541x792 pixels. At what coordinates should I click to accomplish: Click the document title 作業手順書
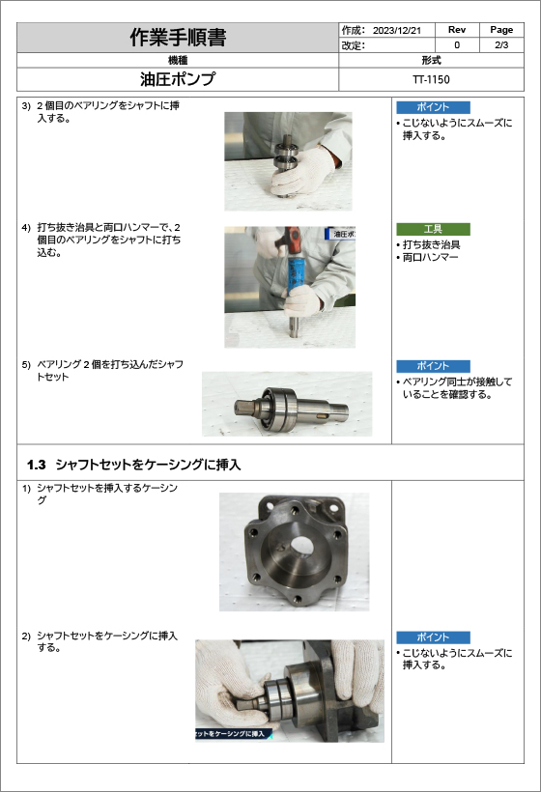pos(178,38)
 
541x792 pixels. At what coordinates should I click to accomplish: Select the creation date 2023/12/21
pos(396,30)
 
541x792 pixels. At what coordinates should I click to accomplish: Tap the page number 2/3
pos(501,45)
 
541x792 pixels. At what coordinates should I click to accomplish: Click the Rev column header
pos(457,30)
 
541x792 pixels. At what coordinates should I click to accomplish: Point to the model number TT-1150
pos(431,79)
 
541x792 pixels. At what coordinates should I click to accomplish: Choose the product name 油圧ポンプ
pos(178,79)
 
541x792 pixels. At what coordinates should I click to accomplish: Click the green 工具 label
pos(433,229)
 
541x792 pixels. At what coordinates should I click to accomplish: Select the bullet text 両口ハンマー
pos(430,257)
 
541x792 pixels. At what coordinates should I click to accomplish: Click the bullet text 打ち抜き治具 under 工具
pos(432,244)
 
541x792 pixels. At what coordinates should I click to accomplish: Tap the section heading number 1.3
pos(37,465)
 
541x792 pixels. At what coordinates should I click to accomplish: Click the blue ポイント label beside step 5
pos(433,366)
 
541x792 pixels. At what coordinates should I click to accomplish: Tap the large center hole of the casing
pos(302,546)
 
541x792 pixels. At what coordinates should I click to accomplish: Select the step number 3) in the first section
pos(26,105)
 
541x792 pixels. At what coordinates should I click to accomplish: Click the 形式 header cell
pos(432,60)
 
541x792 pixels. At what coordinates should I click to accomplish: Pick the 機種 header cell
pos(178,60)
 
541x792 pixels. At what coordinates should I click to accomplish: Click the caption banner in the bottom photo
pos(234,733)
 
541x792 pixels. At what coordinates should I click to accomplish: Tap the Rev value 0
pos(457,45)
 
